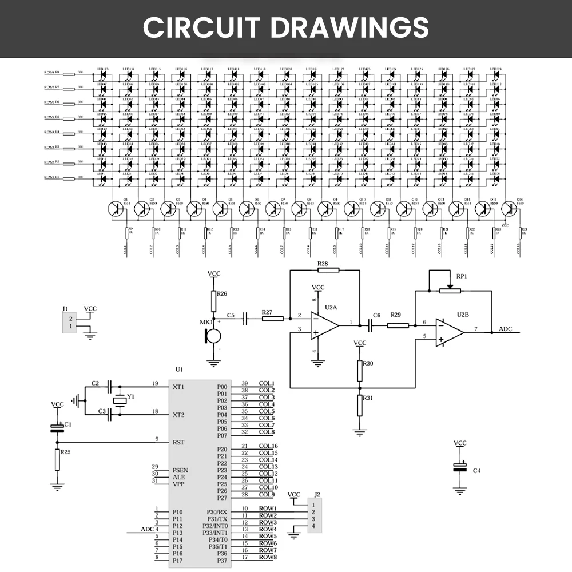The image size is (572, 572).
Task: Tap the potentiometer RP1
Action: [450, 291]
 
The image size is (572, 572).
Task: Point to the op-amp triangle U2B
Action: [449, 331]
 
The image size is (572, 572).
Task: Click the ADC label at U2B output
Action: [506, 329]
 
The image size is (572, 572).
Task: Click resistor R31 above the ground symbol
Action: [360, 405]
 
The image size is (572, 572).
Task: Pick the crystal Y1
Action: [118, 400]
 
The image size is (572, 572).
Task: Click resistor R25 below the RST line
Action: [57, 459]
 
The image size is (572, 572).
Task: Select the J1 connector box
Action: [68, 322]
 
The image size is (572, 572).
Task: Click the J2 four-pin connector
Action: [314, 515]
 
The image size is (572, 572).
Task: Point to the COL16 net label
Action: [268, 446]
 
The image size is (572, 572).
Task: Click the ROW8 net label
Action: [268, 557]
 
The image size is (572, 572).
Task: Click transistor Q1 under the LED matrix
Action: [116, 209]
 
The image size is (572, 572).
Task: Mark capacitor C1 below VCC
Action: [57, 428]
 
